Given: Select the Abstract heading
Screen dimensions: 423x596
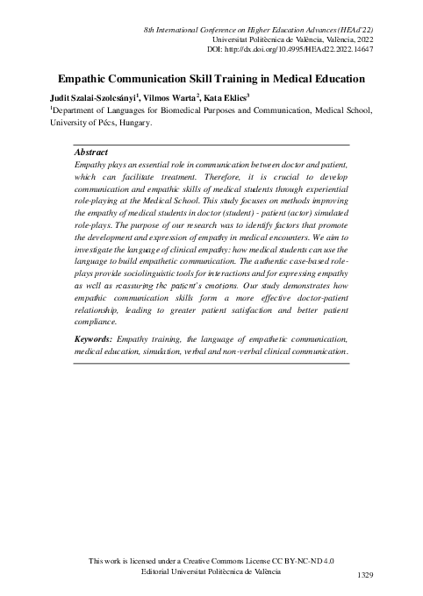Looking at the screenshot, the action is tap(93, 152).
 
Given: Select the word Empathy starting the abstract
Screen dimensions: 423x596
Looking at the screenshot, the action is tap(92, 164).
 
